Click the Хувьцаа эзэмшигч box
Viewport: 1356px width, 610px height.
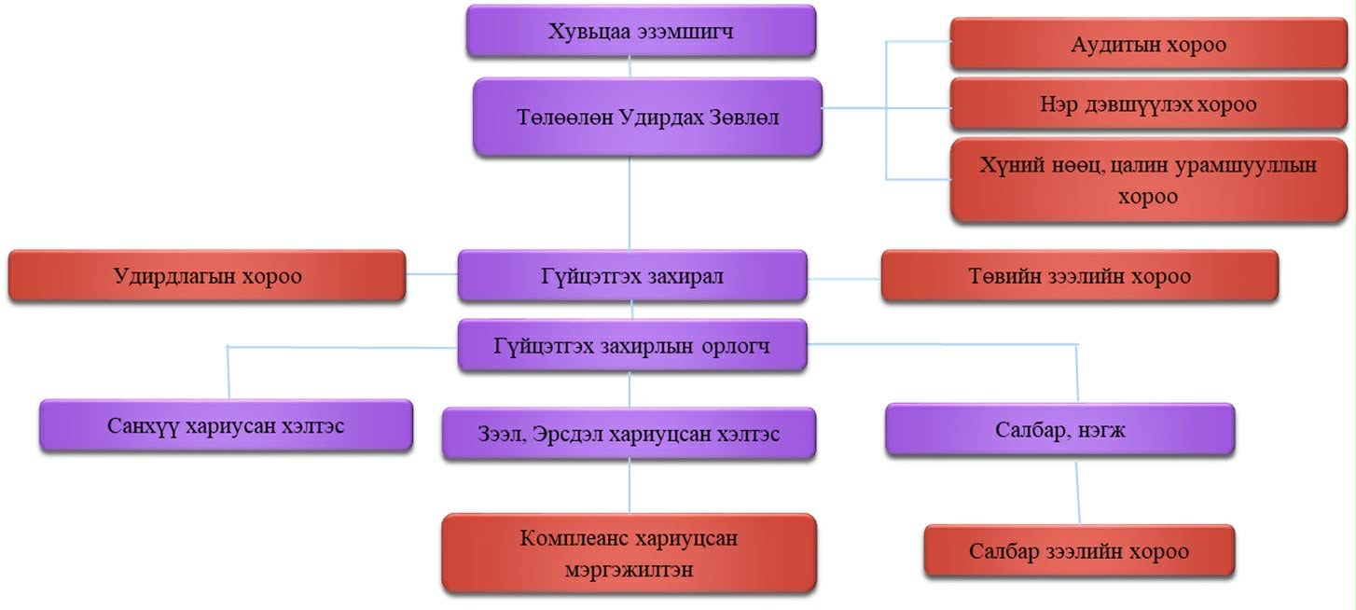coord(641,32)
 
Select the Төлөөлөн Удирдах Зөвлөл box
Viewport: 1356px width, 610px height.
coord(647,118)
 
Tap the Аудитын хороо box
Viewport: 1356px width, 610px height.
coord(1148,44)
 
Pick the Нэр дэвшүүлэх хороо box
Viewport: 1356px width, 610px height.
coord(1148,104)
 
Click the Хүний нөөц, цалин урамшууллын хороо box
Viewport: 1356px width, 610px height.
coord(1148,180)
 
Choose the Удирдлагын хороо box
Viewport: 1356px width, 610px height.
coord(207,276)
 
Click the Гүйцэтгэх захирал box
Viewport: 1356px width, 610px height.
coord(632,276)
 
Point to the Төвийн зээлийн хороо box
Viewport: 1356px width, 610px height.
coord(1079,276)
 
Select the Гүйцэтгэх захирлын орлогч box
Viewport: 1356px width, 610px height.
coord(632,345)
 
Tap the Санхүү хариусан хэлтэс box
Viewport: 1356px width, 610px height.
coord(226,426)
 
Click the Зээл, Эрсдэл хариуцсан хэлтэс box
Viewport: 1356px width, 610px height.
coord(630,434)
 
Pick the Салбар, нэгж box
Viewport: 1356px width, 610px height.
coord(1059,430)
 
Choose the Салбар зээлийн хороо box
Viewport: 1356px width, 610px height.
coord(1079,550)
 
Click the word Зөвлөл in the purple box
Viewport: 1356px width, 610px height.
coord(746,118)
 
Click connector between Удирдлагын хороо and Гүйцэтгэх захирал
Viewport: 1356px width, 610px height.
coord(431,274)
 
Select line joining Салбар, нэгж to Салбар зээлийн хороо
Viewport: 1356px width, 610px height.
coord(1079,490)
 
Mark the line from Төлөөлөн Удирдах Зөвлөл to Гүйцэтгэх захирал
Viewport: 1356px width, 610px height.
coord(630,202)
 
